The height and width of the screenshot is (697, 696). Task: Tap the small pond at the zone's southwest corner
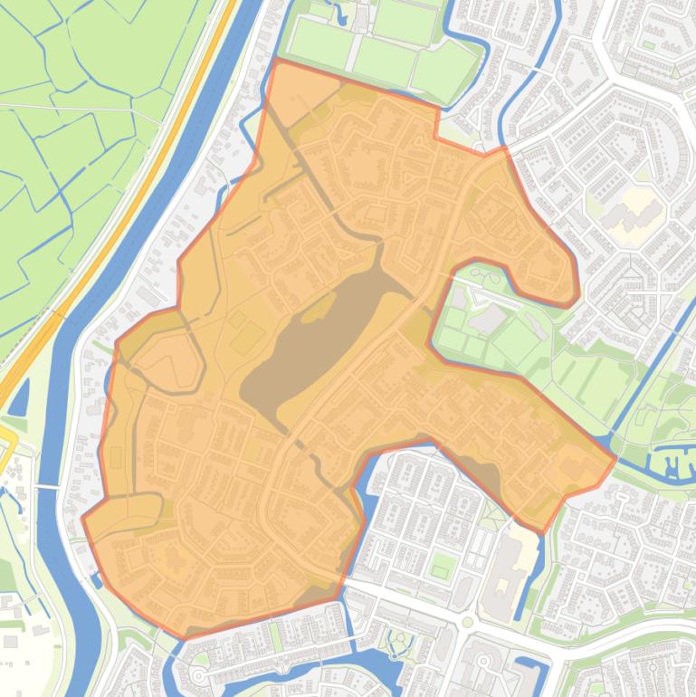click(97, 579)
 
